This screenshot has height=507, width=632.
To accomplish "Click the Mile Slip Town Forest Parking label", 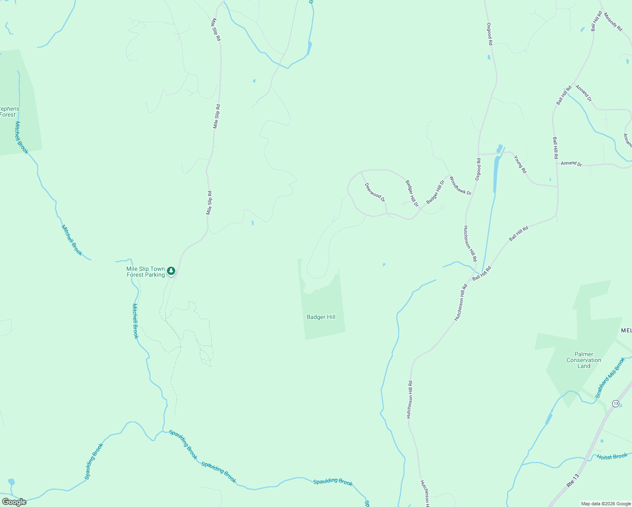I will pyautogui.click(x=146, y=272).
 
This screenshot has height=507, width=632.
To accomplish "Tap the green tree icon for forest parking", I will pyautogui.click(x=171, y=270).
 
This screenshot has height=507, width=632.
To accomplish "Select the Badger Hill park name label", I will pyautogui.click(x=321, y=317).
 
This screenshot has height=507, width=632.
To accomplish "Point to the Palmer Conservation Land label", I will pyautogui.click(x=584, y=360).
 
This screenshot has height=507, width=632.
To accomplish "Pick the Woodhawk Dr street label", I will pyautogui.click(x=460, y=185).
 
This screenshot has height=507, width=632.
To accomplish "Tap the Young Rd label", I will pyautogui.click(x=520, y=164).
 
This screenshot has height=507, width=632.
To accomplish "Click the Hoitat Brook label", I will pyautogui.click(x=612, y=456).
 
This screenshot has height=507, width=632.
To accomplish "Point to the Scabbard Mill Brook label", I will pyautogui.click(x=610, y=378).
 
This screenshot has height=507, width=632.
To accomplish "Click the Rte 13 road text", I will pyautogui.click(x=573, y=478).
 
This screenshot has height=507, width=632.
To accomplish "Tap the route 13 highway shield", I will pyautogui.click(x=616, y=403).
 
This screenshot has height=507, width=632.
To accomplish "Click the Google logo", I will pyautogui.click(x=14, y=502).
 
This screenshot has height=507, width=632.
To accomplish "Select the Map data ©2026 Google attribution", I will pyautogui.click(x=606, y=504).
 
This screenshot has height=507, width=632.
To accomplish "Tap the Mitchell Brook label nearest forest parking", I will pyautogui.click(x=135, y=321).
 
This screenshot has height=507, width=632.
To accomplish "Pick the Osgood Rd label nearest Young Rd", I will pyautogui.click(x=478, y=169).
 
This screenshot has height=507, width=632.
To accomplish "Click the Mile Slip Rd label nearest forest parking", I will pyautogui.click(x=209, y=203).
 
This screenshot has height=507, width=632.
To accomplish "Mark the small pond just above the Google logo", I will pyautogui.click(x=11, y=482).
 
